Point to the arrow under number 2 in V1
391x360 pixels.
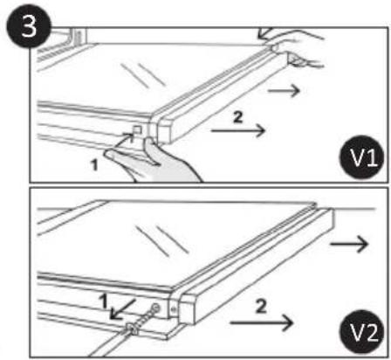click(236, 128)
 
